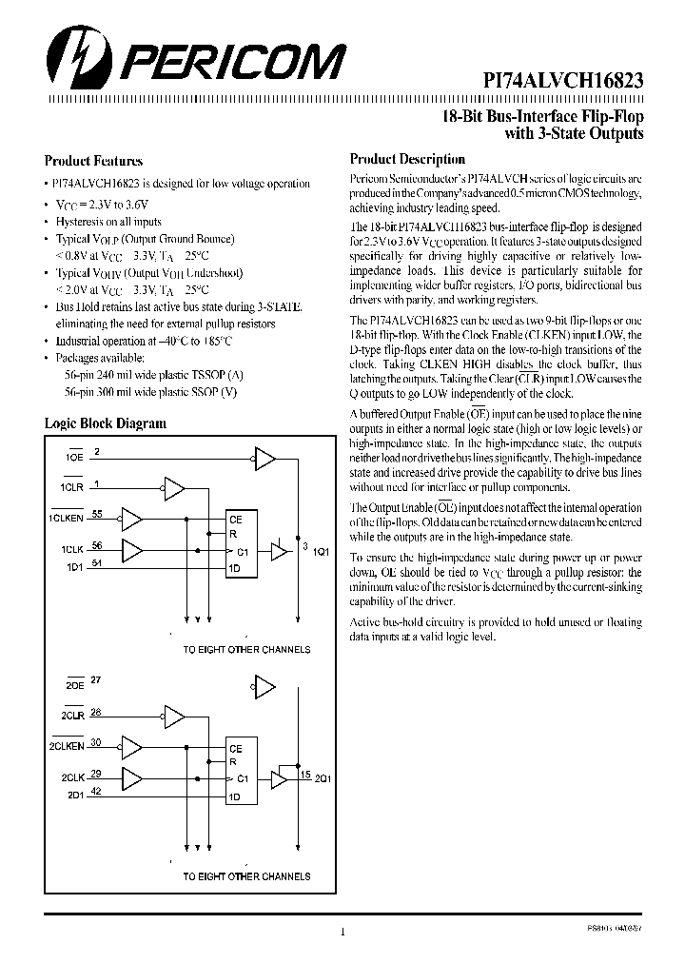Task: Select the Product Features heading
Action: pos(93,161)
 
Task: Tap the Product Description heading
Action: pos(407,160)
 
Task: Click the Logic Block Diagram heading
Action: pos(106,423)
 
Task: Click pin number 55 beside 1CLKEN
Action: pos(97,513)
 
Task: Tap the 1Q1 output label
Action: pos(319,554)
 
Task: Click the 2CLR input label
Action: pos(73,714)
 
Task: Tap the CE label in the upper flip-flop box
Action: pos(236,520)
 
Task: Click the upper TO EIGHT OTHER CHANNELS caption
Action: pos(246,649)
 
